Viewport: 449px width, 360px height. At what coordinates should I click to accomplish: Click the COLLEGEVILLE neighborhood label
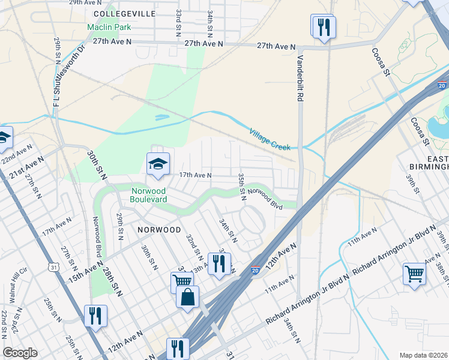tap(125, 13)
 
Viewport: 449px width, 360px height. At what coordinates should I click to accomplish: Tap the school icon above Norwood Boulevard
tap(158, 164)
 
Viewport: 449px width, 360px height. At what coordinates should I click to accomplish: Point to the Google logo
tap(20, 353)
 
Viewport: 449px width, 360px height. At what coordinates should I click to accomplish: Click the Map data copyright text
tap(424, 355)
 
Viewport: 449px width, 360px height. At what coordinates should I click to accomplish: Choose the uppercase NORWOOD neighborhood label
tap(158, 230)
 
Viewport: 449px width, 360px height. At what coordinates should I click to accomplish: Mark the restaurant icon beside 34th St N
tap(219, 263)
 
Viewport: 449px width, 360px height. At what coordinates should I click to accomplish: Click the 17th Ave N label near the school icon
tap(196, 175)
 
